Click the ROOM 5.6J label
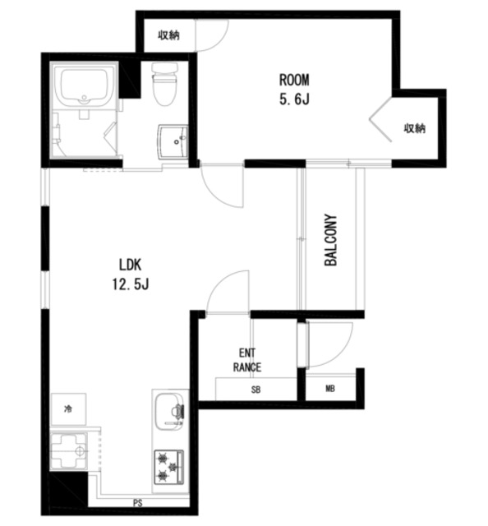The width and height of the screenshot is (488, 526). tap(294, 90)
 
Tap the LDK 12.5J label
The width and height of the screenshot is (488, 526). tap(131, 275)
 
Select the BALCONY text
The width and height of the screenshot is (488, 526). tap(331, 240)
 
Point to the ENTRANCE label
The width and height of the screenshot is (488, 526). tap(247, 360)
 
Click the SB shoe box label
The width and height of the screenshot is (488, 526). tap(256, 390)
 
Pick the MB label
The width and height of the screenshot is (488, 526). tap(330, 389)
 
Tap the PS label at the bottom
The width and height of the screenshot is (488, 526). tap(138, 503)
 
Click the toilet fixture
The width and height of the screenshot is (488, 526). tap(164, 82)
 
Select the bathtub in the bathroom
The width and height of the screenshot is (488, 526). tap(84, 86)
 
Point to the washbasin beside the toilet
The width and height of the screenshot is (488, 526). tap(173, 141)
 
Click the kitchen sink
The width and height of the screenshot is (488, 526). tap(170, 412)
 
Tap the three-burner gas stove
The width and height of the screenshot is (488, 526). tap(168, 467)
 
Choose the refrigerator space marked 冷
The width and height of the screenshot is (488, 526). tap(68, 409)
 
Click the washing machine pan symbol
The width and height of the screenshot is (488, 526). tap(69, 451)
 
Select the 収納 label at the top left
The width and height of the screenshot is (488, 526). tap(169, 35)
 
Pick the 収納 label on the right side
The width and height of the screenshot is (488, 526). tap(415, 128)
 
